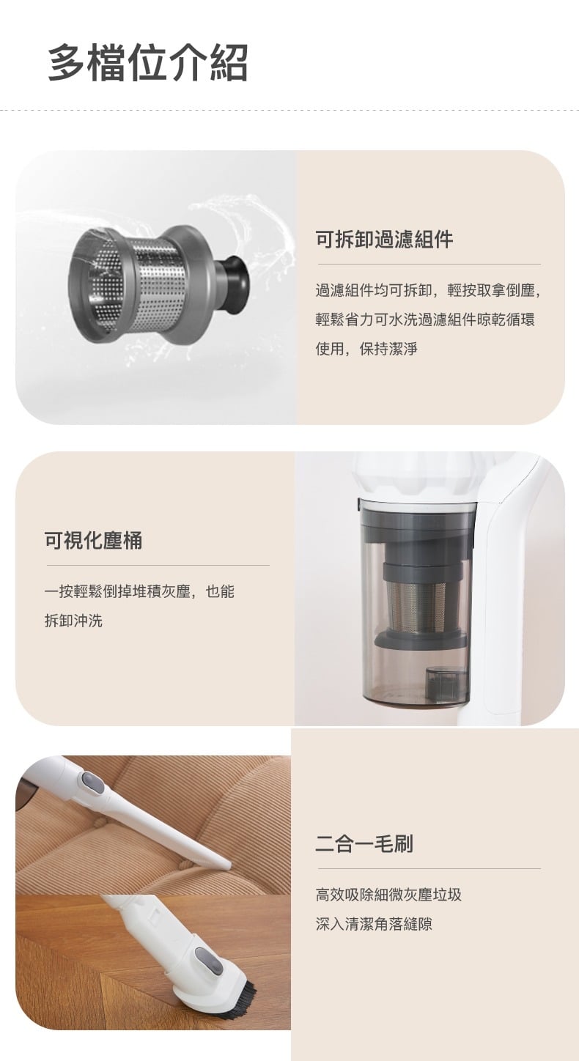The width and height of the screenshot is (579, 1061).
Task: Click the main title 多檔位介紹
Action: [148, 62]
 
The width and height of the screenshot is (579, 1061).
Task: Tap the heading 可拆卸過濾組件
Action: [384, 239]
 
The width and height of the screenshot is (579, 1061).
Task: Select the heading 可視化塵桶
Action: [93, 540]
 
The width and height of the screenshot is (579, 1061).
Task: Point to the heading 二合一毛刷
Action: [364, 843]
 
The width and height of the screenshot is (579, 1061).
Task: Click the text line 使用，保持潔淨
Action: [366, 349]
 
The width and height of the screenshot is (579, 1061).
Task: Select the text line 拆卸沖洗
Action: [73, 621]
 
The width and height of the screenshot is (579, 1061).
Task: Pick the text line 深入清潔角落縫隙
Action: [374, 924]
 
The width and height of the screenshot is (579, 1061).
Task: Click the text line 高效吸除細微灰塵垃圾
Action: [388, 894]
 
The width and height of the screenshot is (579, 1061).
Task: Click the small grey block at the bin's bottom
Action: [446, 684]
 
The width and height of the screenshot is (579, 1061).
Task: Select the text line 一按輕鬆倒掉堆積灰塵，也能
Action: [139, 591]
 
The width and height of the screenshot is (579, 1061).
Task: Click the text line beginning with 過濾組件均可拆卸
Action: [428, 290]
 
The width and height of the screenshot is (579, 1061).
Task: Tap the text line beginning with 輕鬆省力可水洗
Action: [425, 319]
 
